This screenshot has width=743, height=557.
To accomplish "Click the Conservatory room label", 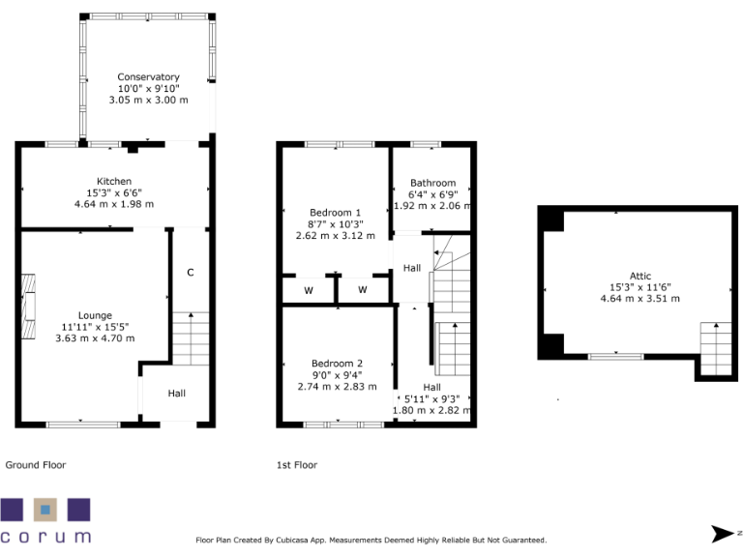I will pos(148,77).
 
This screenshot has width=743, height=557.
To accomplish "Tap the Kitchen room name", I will pos(113,182).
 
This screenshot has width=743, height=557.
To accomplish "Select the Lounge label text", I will pos(95,315).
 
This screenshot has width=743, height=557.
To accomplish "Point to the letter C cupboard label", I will pos(190,273).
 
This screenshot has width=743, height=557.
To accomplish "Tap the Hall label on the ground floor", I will pos(177,394).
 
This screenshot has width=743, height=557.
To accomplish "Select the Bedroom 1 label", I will pos(335,213).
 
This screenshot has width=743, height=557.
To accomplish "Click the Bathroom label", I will pos(432,183).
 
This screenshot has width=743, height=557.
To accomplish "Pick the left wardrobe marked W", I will pos(309,290).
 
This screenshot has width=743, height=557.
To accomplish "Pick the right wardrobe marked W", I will pos(363,290).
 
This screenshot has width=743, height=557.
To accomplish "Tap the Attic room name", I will pos(639,276).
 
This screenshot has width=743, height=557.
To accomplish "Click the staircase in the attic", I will pos(716,348).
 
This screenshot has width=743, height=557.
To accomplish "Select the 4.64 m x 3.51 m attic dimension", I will pos(639,299).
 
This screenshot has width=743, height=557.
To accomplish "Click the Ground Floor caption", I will pos(36,465).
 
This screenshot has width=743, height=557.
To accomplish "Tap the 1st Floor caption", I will pos(297,465).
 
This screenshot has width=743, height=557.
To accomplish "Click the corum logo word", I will pos(45,536).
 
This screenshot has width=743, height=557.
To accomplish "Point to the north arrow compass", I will pos(725,533).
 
